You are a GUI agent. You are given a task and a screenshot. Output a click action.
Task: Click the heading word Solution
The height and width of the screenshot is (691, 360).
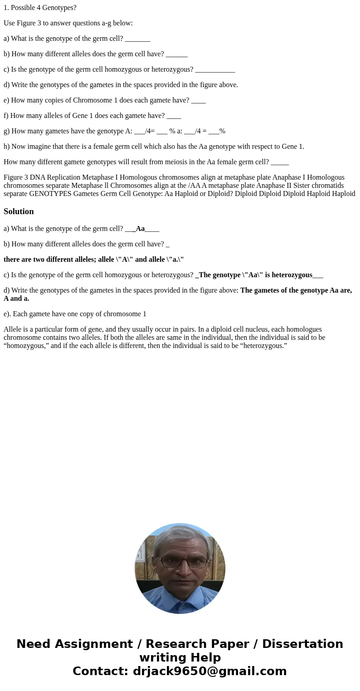point(19,211)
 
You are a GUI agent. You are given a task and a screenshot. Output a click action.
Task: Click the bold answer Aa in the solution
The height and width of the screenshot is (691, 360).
point(140,229)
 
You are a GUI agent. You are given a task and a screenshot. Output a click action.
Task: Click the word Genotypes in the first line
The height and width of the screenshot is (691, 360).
point(59,8)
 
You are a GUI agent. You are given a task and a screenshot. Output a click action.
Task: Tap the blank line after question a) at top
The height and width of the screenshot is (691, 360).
point(137,39)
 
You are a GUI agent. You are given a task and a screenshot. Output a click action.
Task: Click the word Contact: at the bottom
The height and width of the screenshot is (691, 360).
point(100,671)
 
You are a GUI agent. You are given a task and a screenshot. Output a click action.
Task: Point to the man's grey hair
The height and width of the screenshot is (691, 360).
point(180,535)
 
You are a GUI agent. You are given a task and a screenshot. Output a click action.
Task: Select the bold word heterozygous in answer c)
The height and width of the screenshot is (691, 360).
point(292,275)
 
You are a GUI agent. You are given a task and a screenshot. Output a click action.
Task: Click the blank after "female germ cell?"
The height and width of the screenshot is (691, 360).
point(280,162)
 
